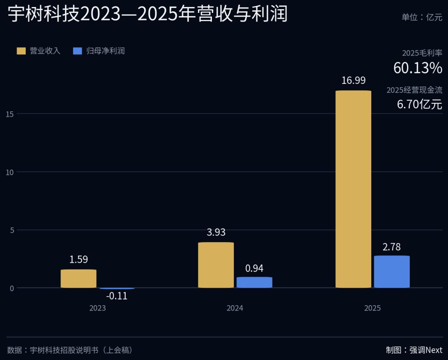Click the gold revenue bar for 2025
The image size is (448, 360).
tap(353, 189)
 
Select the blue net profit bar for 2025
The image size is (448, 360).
tap(392, 272)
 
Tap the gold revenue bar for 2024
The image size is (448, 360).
tap(216, 265)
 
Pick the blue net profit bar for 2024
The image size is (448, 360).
tap(254, 282)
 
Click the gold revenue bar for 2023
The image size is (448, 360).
tap(78, 279)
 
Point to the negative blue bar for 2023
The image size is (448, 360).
tap(117, 289)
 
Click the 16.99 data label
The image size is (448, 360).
tap(353, 81)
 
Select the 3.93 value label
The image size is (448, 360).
tap(216, 232)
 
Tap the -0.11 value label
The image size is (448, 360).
tap(117, 296)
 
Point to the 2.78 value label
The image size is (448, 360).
tap(392, 247)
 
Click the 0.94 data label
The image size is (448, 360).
tap(254, 268)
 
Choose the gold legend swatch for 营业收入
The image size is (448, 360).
tap(21, 51)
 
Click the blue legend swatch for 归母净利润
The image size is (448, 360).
tap(78, 51)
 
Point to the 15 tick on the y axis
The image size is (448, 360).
tap(10, 114)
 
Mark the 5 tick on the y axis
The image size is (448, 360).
tap(12, 230)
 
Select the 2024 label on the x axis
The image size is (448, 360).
tap(235, 308)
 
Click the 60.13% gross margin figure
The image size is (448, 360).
tap(418, 68)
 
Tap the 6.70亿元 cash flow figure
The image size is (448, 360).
tap(419, 104)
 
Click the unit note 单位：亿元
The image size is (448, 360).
tap(422, 17)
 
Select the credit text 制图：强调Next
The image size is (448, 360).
tap(414, 350)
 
